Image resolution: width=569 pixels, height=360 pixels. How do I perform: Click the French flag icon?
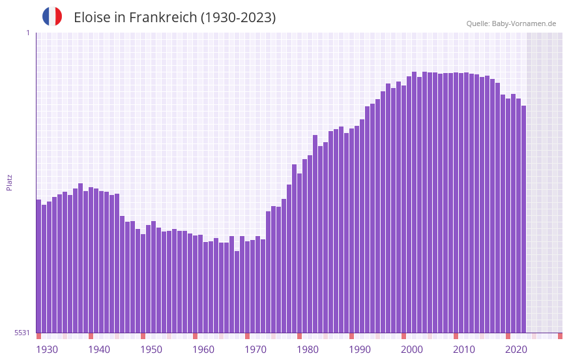(x=52, y=16)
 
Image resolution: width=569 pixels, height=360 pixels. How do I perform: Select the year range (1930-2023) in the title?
(x=238, y=18)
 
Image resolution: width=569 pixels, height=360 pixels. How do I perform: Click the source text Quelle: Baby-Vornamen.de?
(x=511, y=23)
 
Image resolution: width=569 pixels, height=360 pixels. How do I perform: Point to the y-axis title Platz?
(x=9, y=182)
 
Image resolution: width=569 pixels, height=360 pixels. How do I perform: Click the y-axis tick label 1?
(x=27, y=33)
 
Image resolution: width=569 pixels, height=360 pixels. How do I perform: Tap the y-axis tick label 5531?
(x=22, y=333)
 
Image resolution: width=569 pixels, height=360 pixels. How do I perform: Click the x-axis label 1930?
(x=47, y=350)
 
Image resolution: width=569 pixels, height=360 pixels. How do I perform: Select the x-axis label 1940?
(x=99, y=350)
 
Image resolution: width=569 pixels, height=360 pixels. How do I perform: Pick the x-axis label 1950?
(x=151, y=350)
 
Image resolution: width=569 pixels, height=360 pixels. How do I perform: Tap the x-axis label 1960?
(x=203, y=350)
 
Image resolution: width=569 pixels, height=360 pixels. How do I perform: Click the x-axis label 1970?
(x=255, y=350)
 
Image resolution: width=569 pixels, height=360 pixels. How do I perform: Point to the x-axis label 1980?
(x=308, y=350)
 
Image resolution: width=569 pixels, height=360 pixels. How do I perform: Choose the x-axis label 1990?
(x=360, y=350)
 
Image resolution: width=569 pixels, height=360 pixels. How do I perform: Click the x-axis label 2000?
(x=412, y=350)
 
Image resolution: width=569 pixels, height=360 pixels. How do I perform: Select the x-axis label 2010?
(x=464, y=350)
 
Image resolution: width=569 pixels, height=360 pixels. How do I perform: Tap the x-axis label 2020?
(x=516, y=350)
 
